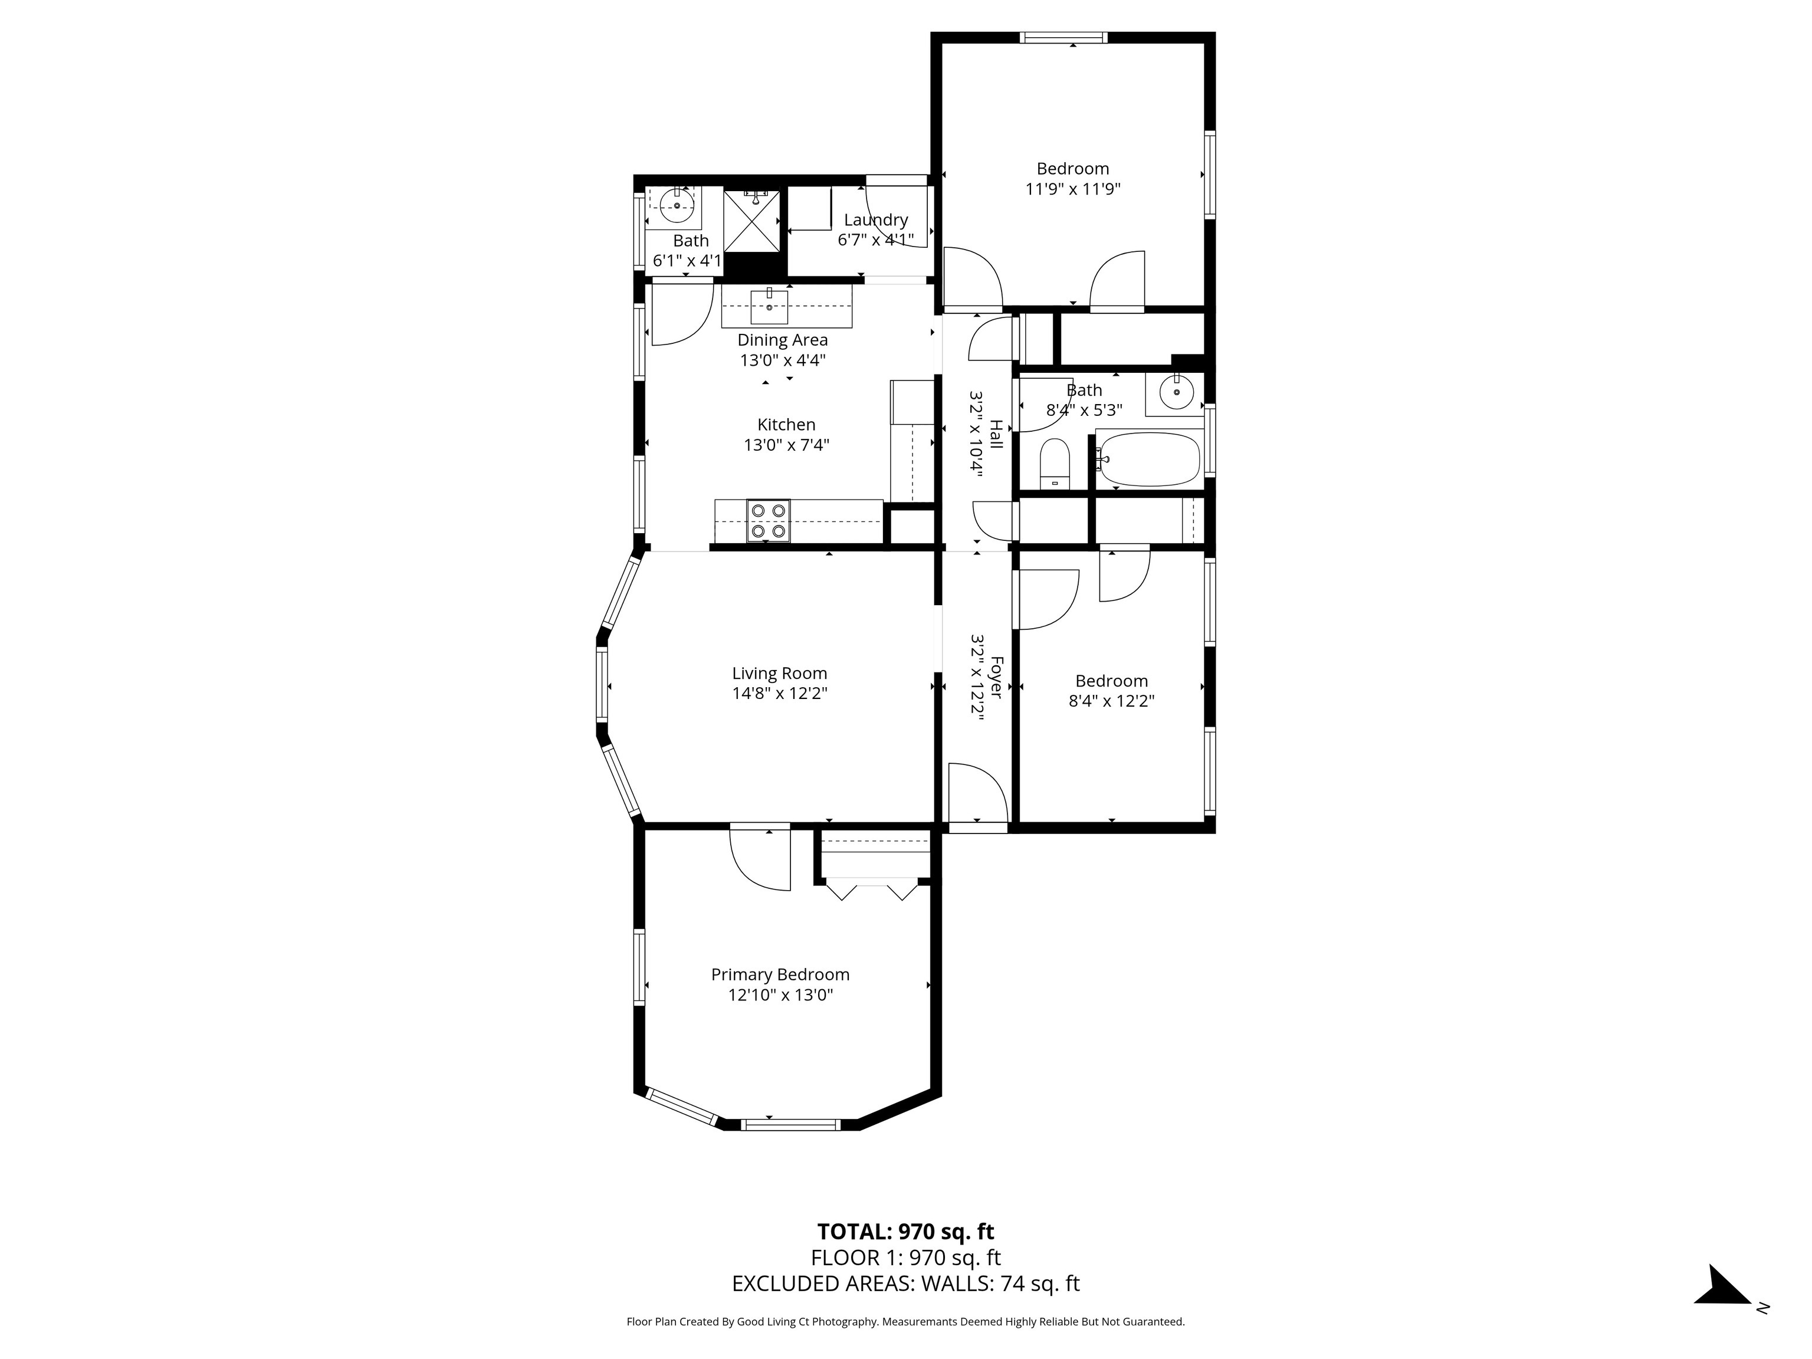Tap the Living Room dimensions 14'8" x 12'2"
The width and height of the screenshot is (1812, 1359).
click(x=780, y=694)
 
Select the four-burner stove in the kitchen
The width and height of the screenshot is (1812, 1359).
click(x=769, y=521)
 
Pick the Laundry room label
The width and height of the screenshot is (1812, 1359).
click(x=876, y=219)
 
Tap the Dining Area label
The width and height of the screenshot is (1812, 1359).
click(x=782, y=340)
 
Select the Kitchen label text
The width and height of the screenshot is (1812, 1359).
click(x=786, y=424)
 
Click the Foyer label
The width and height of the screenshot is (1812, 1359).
click(x=996, y=677)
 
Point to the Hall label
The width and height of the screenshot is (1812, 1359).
click(x=996, y=434)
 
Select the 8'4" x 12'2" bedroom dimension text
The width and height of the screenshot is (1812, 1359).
click(x=1112, y=701)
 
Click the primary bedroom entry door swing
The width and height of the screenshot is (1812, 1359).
click(x=760, y=859)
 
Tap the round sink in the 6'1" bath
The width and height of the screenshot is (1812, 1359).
click(x=677, y=206)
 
